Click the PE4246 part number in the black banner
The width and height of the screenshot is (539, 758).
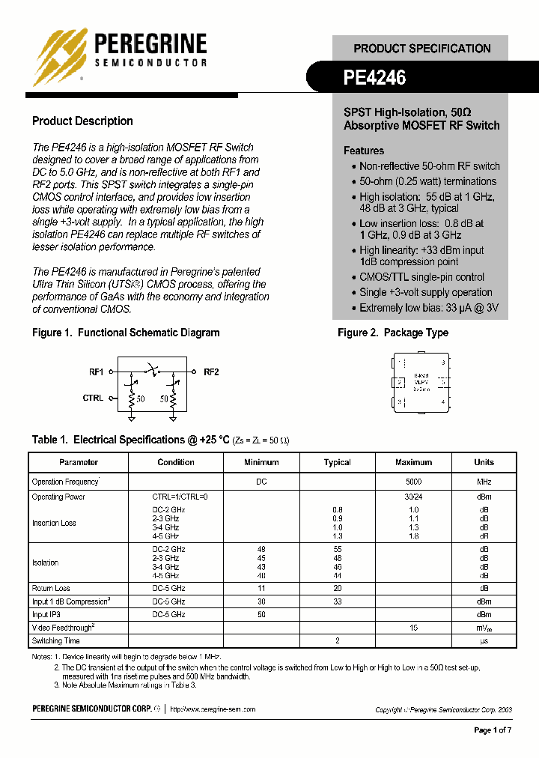pos(374,77)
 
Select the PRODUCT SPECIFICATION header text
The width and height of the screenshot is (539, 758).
pos(422,49)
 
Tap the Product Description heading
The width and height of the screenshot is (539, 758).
pos(82,121)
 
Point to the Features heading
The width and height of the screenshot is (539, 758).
pos(364,151)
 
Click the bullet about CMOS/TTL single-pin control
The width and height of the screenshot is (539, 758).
pos(421,277)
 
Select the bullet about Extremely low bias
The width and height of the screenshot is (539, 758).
pos(428,308)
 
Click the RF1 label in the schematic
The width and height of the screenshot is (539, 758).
pos(97,372)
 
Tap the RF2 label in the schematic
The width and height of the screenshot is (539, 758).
pos(211,372)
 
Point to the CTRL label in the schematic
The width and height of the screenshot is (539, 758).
pos(93,398)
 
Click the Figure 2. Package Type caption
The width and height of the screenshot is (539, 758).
pos(393,333)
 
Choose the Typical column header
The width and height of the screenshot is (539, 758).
pos(337,462)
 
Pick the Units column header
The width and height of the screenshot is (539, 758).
pos(484,462)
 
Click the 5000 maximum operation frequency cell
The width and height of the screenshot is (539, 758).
pos(413,482)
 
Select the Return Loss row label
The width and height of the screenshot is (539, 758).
pos(51,589)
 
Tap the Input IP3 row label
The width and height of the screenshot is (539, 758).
pos(46,614)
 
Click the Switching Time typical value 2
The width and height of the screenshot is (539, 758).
pos(338,641)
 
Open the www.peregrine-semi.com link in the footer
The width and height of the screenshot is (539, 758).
pos(213,709)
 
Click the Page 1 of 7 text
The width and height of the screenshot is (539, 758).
pos(493,730)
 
